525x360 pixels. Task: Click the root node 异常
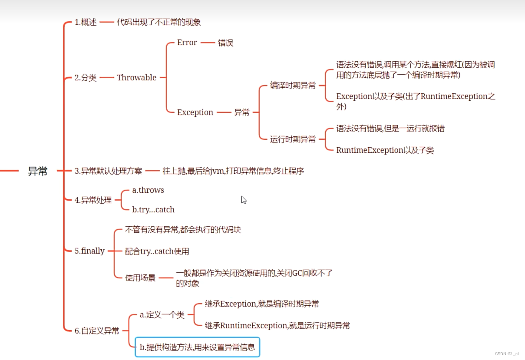[x=38, y=171]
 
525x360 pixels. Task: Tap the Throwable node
[x=136, y=78]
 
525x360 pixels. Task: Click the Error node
[x=187, y=43]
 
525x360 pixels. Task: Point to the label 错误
[x=225, y=43]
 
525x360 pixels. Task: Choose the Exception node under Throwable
[x=195, y=112]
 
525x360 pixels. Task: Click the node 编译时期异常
[x=293, y=86]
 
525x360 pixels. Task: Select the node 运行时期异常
[x=293, y=139]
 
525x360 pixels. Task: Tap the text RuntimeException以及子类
[x=385, y=150]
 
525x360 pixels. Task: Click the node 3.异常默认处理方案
[x=108, y=171]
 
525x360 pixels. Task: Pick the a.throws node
[x=148, y=190]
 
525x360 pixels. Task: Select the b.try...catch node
[x=153, y=210]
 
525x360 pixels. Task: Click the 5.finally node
[x=89, y=251]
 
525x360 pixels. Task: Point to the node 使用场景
[x=140, y=278]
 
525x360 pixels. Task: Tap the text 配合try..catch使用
[x=157, y=251]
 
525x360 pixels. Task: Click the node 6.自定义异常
[x=97, y=331]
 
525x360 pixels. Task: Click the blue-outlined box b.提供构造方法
[x=197, y=347]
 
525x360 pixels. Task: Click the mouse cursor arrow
[x=244, y=200]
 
